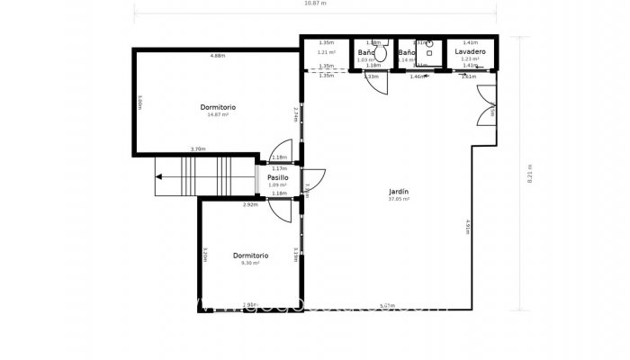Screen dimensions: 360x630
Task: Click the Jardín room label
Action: point(399,192)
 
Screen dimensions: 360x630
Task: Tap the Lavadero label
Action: point(471,52)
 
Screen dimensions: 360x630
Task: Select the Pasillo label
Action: point(278,177)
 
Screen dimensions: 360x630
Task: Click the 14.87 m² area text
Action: point(218,114)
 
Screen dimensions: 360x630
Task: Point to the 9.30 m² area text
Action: point(250,263)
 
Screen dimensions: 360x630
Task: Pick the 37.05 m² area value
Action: point(399,199)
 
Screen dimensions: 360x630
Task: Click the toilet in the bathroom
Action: point(381,53)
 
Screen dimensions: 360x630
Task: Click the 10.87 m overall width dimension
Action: point(315,4)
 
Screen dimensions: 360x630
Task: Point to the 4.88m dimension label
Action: point(217,57)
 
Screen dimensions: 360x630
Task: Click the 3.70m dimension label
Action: point(198,149)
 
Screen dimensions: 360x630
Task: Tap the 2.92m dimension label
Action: point(250,204)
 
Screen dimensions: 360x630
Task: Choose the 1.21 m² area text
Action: point(326,52)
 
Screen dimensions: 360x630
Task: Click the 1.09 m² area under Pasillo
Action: point(278,185)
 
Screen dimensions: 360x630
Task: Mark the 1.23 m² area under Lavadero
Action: point(470,59)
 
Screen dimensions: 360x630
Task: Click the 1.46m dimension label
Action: point(417,76)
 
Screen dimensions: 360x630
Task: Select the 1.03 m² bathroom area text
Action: point(364,59)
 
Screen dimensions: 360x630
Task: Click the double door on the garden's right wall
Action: point(487,108)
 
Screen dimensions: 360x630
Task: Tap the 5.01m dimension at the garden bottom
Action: point(388,305)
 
